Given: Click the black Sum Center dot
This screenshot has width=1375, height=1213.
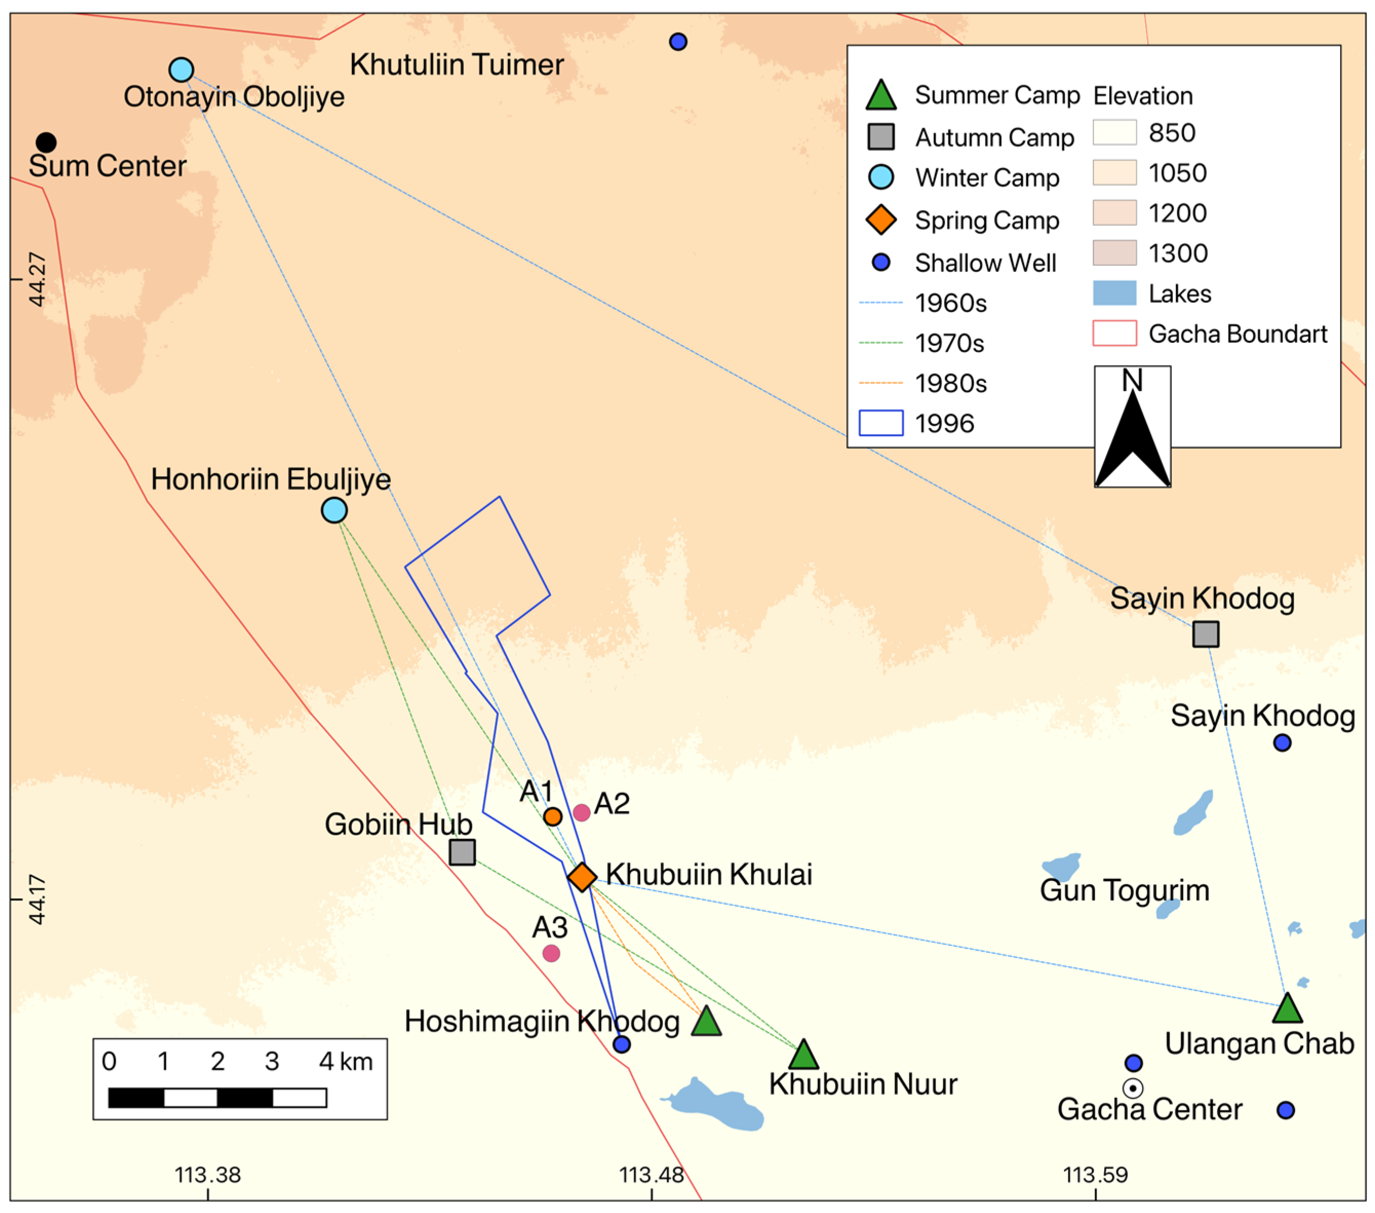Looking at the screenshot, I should pos(46,142).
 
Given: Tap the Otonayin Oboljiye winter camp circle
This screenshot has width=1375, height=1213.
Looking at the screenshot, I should pos(181,69).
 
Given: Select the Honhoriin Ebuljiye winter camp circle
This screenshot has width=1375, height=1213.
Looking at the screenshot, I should pos(335,510).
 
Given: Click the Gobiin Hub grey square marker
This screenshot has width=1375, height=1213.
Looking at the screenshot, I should pos(462,852).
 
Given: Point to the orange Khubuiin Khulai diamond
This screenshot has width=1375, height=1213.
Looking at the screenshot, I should pos(582,876).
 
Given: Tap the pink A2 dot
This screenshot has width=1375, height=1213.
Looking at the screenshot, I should pos(582,813).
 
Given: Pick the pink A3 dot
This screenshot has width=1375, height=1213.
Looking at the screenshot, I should pos(551,953).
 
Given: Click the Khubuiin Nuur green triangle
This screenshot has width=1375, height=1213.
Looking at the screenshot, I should pos(803,1055).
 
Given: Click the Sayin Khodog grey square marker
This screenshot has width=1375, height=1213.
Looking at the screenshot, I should pos(1206,634).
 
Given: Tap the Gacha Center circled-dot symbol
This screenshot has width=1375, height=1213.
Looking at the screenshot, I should pos(1133,1088).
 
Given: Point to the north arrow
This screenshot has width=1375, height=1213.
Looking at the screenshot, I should pos(1132,431).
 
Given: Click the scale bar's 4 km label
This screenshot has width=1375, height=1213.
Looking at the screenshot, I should pos(345,1062).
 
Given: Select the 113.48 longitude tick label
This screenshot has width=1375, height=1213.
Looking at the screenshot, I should pos(651,1175).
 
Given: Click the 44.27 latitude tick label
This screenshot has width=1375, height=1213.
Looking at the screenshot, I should pos(37,279).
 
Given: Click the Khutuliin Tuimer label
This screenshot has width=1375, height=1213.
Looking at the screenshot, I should pos(456,65).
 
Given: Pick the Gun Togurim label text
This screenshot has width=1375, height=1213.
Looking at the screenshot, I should pos(1124,890).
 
